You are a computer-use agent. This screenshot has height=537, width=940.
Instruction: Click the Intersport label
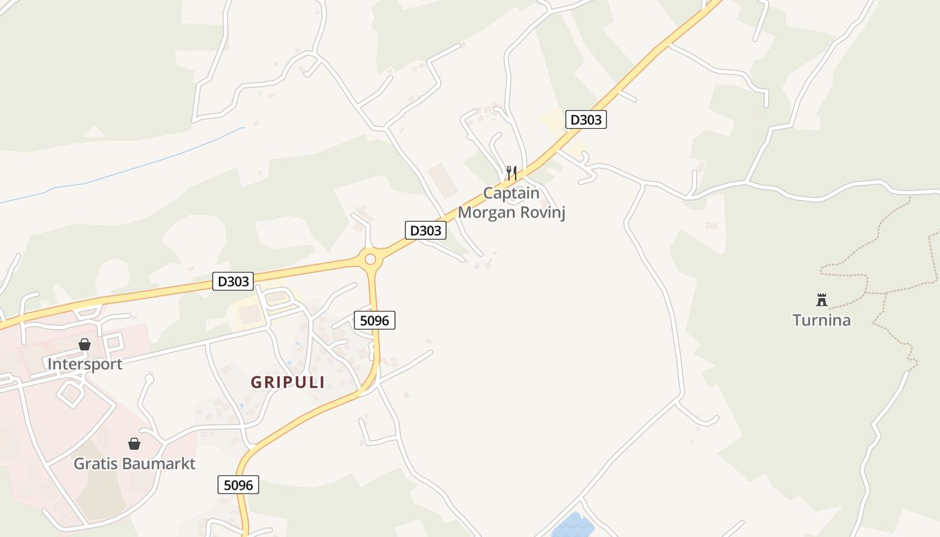click(85, 364)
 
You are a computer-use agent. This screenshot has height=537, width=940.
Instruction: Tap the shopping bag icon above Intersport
click(85, 344)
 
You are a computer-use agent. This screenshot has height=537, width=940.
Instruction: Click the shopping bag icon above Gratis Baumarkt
click(134, 444)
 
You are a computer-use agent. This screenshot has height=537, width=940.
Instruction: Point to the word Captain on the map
click(511, 193)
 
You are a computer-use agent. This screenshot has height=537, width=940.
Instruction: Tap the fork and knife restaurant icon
click(512, 173)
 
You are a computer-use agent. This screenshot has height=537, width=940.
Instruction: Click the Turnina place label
click(821, 320)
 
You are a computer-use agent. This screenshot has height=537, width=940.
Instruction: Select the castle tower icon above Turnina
click(821, 299)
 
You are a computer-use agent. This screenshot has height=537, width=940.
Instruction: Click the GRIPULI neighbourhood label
click(288, 383)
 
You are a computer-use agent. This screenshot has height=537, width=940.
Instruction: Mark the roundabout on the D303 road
click(370, 258)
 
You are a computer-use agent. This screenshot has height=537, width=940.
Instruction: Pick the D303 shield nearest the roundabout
click(426, 230)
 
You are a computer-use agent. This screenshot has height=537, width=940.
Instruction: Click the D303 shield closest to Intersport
click(234, 281)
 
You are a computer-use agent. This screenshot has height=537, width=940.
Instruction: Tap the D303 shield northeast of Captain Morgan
click(585, 120)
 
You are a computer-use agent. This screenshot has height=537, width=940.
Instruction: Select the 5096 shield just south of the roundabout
click(374, 320)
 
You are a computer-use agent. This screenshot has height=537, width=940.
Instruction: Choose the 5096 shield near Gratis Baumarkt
click(238, 485)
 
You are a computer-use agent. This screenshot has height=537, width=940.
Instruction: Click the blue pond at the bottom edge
click(573, 526)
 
